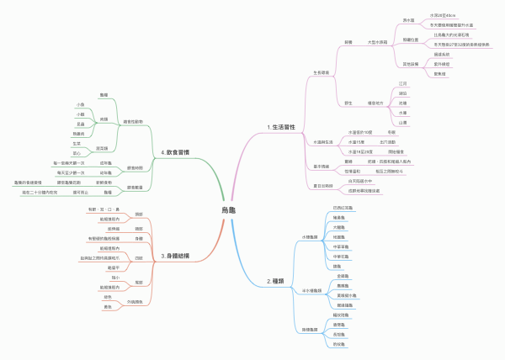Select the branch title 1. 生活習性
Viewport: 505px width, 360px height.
point(282,127)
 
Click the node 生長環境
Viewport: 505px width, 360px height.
point(325,73)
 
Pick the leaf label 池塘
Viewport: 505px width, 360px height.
point(403,103)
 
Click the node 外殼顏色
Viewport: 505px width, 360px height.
point(135,301)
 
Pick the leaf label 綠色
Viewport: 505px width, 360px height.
point(108,296)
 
